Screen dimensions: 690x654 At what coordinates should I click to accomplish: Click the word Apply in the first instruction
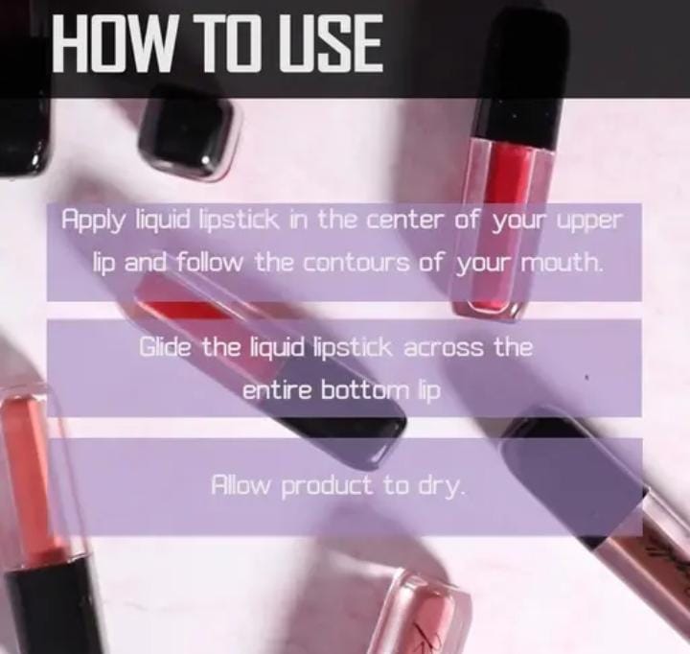tap(92, 221)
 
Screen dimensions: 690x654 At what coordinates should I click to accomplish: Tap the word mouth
tap(561, 264)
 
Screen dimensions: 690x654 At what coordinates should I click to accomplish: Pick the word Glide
tap(166, 346)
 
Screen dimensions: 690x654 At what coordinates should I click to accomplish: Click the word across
tap(443, 348)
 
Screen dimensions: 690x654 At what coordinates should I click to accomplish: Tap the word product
tap(326, 486)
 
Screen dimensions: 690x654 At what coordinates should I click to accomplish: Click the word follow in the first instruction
tap(210, 263)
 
